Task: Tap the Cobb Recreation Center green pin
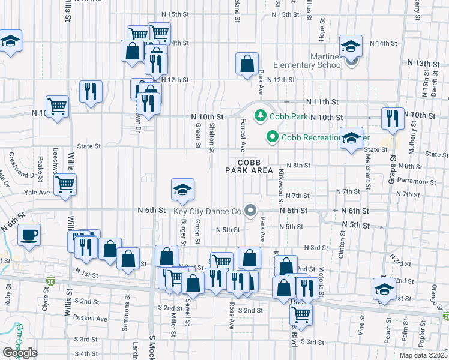tap(272, 137)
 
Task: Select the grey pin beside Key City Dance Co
tap(250, 211)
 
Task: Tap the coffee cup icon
tap(28, 235)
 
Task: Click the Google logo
tap(20, 353)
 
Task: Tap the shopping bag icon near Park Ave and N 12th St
tap(247, 62)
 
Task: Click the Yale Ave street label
tap(37, 193)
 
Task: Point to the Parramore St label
tap(415, 181)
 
